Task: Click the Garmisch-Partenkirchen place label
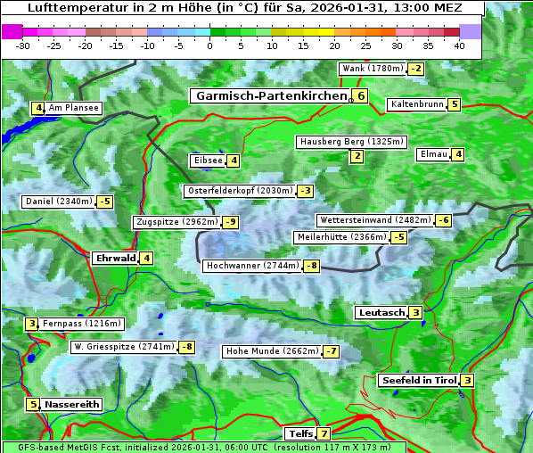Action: coord(270,96)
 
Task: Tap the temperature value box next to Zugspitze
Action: coord(231,222)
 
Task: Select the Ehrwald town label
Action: coord(114,259)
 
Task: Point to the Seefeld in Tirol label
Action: coord(418,381)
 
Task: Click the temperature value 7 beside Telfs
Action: coord(323,434)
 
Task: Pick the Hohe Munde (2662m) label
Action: coord(271,351)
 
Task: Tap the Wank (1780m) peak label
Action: coord(373,69)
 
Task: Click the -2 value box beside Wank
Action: coord(415,69)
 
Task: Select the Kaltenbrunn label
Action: coord(416,104)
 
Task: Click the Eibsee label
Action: coord(206,161)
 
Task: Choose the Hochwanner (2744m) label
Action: coord(252,266)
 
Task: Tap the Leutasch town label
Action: coord(381,313)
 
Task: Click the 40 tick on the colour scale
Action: coord(459,45)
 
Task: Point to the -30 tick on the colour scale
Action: coord(23,45)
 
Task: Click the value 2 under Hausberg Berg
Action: coord(357,157)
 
